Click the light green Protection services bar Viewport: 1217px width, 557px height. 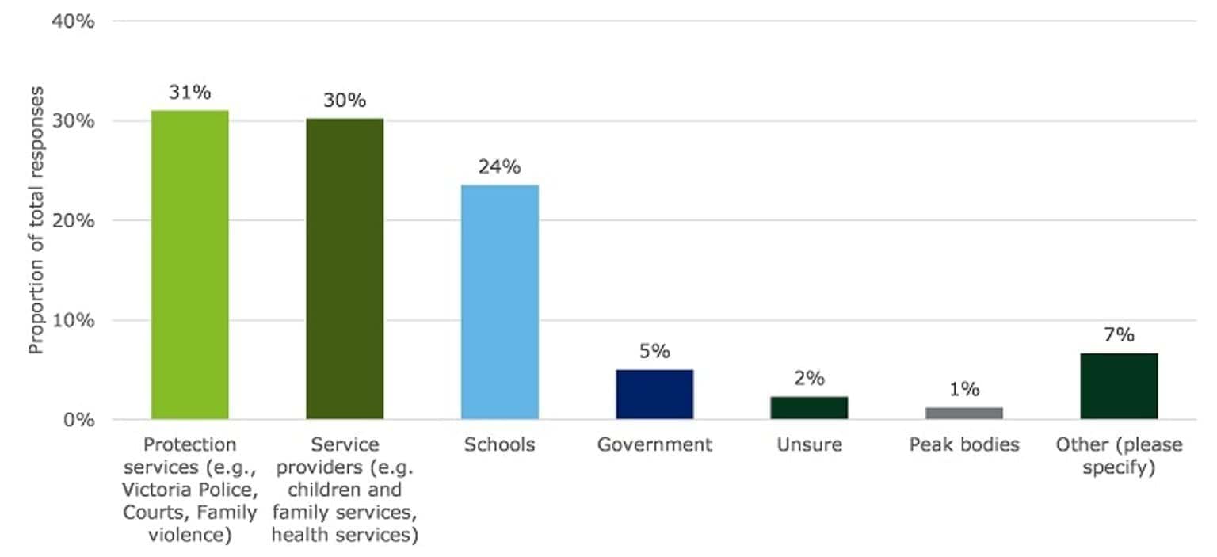[x=190, y=265]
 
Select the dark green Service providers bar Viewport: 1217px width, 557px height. [x=345, y=269]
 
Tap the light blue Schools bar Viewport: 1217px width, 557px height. [x=500, y=302]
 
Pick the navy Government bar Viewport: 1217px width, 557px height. [x=654, y=395]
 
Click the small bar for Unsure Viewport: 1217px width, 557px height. [x=809, y=408]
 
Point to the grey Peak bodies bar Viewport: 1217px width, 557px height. [x=964, y=413]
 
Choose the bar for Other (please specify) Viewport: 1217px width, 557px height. [x=1119, y=386]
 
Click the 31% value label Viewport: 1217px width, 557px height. [x=190, y=92]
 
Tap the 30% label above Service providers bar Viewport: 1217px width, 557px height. [x=345, y=101]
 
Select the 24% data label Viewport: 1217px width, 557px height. [x=499, y=167]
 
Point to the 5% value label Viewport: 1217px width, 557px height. [x=654, y=351]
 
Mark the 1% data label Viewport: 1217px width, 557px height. [x=964, y=389]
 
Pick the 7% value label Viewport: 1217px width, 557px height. [x=1119, y=334]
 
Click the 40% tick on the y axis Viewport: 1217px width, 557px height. [x=73, y=21]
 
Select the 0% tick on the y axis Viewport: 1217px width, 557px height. [x=78, y=420]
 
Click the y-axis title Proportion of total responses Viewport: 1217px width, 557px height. [x=36, y=220]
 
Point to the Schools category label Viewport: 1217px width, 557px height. [x=499, y=444]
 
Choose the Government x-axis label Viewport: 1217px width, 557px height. [x=654, y=444]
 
